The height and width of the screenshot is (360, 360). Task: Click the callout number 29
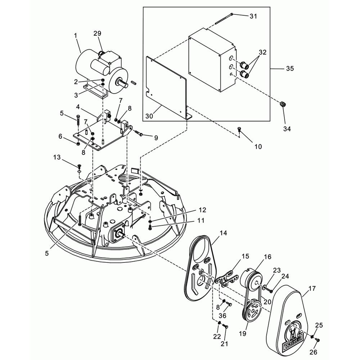click(97, 33)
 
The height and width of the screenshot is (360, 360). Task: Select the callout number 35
click(290, 69)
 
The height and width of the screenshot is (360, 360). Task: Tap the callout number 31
click(253, 16)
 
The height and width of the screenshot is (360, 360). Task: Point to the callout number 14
click(223, 233)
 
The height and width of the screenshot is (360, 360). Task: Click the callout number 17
click(312, 288)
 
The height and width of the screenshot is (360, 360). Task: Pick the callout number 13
click(57, 157)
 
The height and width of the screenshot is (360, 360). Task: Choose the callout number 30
click(149, 116)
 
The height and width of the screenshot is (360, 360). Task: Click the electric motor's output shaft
click(123, 83)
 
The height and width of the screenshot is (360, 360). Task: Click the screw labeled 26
click(318, 339)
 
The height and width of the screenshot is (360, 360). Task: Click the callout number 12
click(202, 210)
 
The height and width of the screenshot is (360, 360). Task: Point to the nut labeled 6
click(78, 144)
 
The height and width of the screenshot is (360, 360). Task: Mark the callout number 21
click(224, 344)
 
